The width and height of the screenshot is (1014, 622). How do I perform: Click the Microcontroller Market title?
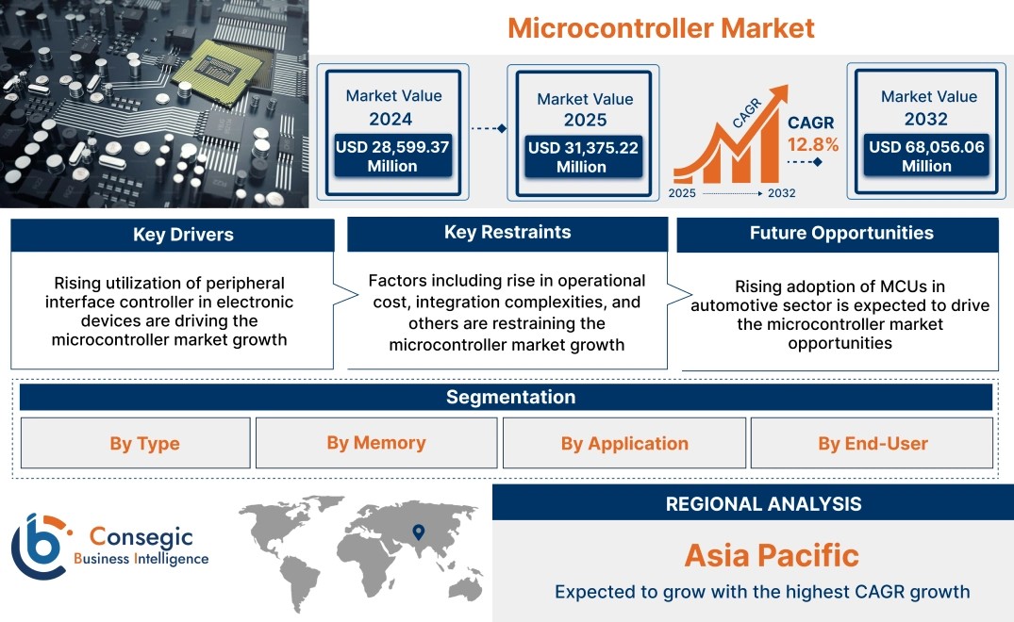[x=661, y=28]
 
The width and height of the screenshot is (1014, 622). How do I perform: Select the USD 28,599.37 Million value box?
[x=392, y=155]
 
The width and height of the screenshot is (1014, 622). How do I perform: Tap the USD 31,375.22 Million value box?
[x=583, y=156]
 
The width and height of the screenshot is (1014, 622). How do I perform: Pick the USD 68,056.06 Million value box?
[x=926, y=155]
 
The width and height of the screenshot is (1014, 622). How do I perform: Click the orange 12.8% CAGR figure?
[x=813, y=145]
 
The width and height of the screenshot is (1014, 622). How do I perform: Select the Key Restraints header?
[x=507, y=233]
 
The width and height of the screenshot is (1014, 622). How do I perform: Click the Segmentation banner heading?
[x=511, y=397]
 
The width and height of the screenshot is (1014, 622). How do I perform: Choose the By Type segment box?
[x=136, y=443]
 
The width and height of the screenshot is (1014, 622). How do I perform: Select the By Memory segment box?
[x=376, y=443]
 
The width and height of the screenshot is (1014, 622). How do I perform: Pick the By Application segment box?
[x=624, y=443]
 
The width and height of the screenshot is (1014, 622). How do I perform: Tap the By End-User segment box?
[x=872, y=443]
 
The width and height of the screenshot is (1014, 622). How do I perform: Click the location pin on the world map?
[x=419, y=532]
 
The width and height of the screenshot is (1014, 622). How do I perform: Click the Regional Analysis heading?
[x=764, y=504]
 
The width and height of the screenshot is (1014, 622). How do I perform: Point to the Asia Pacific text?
[x=772, y=555]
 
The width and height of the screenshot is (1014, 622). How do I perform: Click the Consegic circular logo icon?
[x=39, y=547]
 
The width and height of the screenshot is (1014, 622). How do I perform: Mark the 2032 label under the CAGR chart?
[x=781, y=193]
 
